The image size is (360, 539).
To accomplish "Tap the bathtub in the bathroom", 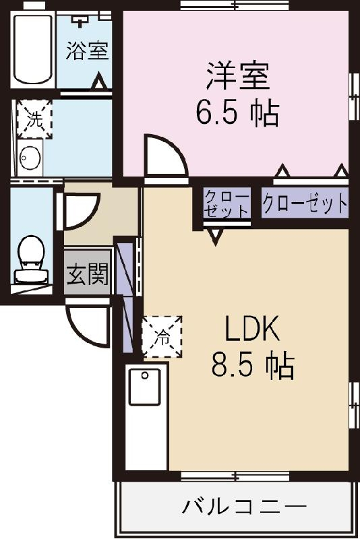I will pyautogui.click(x=32, y=49).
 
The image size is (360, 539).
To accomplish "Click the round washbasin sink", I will pyautogui.click(x=30, y=159).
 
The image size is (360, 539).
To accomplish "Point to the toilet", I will pyautogui.click(x=30, y=259).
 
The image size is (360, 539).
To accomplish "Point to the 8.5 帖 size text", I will pyautogui.click(x=253, y=367).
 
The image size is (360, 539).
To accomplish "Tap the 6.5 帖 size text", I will pyautogui.click(x=237, y=113).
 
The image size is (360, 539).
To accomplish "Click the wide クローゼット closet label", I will pyautogui.click(x=305, y=203).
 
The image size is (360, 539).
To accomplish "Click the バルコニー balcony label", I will pyautogui.click(x=243, y=505).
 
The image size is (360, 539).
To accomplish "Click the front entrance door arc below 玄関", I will pyautogui.click(x=88, y=327).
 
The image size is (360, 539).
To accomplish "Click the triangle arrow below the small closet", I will pyautogui.click(x=216, y=236).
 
